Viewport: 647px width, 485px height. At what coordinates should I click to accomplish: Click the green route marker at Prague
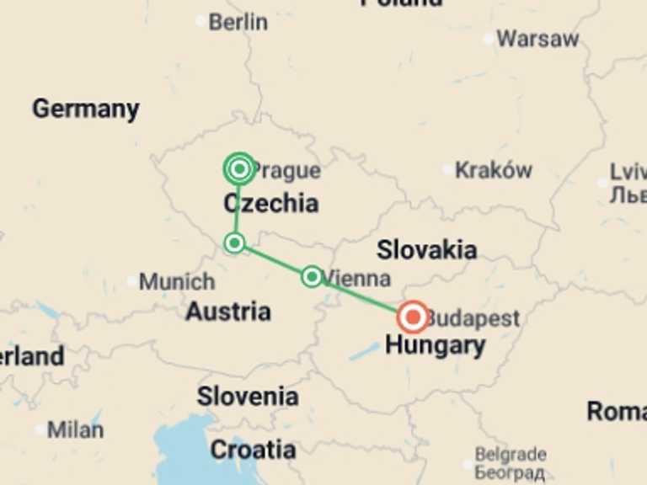[240, 169]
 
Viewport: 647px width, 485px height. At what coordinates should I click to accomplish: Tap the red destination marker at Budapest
[413, 317]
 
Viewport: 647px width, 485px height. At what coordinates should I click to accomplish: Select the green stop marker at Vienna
[312, 276]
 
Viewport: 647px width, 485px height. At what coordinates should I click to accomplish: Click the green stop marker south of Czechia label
[235, 243]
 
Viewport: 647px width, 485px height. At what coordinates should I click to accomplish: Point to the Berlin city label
[238, 22]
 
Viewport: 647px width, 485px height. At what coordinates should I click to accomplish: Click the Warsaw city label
[537, 39]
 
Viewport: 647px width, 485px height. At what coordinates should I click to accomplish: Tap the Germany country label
[85, 109]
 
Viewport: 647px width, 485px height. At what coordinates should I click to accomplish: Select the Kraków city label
[493, 170]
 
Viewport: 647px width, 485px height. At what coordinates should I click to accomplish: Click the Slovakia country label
[426, 249]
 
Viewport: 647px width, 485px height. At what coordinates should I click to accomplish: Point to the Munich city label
[176, 281]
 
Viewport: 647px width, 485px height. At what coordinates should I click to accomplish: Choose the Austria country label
[228, 312]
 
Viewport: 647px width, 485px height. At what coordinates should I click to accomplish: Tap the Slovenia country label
[248, 396]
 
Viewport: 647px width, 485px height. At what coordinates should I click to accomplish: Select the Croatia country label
[253, 450]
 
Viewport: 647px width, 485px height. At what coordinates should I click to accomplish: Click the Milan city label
[75, 429]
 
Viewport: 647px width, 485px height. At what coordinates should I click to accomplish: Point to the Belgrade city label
[511, 455]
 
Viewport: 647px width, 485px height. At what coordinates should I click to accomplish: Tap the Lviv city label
[628, 172]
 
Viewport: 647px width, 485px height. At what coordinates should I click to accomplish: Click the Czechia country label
[270, 203]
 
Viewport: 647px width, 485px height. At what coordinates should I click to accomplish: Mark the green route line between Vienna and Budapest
[362, 296]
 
